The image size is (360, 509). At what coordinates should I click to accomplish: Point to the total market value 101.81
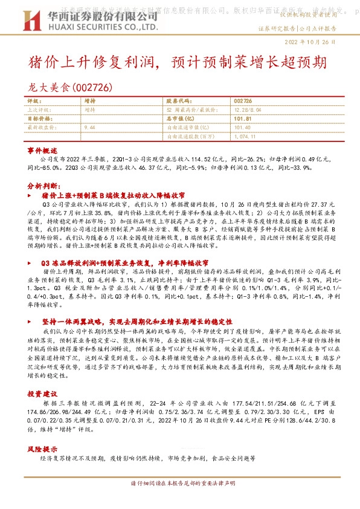click(x=242, y=119)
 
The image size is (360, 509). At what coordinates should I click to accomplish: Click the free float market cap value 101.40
click(x=242, y=128)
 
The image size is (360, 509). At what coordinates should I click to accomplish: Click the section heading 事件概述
click(x=42, y=149)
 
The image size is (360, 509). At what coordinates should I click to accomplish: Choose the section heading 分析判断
click(x=42, y=186)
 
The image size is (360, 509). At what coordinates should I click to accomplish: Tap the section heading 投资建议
click(x=42, y=377)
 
